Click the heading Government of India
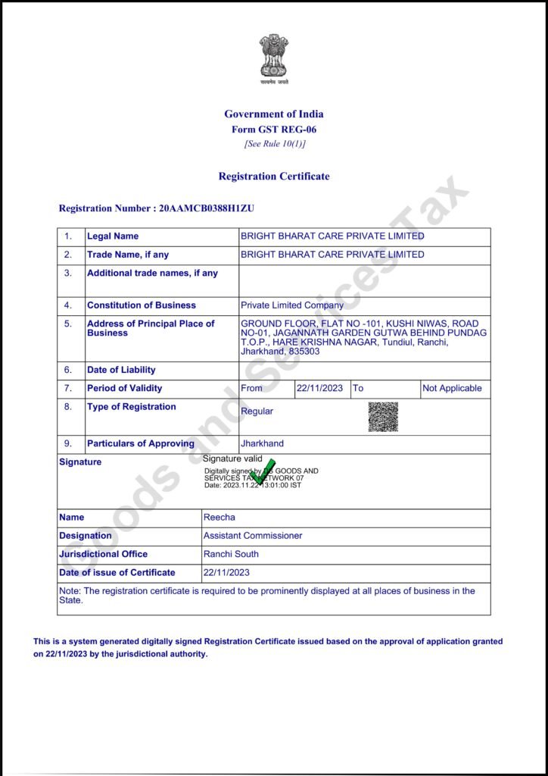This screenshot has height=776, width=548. (x=274, y=114)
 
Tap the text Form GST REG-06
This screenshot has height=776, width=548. (x=274, y=130)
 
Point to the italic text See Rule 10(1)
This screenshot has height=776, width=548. (x=274, y=144)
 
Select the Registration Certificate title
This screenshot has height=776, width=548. (x=274, y=177)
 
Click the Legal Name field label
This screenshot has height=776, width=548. (x=113, y=236)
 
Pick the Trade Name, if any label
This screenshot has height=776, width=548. (x=128, y=255)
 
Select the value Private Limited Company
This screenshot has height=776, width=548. (x=291, y=305)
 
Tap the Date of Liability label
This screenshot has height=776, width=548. (x=121, y=370)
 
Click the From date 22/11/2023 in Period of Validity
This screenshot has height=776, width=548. (x=319, y=388)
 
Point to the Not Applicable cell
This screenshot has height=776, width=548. (x=452, y=388)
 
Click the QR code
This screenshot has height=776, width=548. (x=383, y=416)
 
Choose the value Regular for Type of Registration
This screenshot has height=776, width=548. (x=257, y=411)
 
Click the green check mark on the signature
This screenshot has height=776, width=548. (x=263, y=471)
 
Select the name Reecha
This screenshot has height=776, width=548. (x=220, y=518)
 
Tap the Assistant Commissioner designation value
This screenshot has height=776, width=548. (x=253, y=536)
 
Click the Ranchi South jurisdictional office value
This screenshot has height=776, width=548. (x=231, y=554)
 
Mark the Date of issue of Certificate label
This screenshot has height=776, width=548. (x=117, y=572)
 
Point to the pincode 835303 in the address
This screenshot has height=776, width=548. (x=303, y=352)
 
